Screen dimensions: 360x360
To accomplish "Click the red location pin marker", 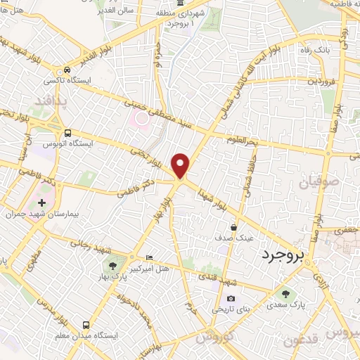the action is pos(181,166).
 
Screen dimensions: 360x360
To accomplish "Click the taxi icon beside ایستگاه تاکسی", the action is pos(67,70).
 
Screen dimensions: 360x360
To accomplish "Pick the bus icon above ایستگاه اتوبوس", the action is pos(67,133).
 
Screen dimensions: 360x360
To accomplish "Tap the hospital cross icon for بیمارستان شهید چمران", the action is pos(41,202).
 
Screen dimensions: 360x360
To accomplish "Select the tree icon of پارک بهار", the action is pos(112,266).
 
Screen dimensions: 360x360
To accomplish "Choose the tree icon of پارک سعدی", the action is pos(285,294).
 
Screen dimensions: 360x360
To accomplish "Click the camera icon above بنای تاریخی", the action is pos(231,300).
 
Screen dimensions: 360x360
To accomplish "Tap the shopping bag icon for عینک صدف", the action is pos(234,227).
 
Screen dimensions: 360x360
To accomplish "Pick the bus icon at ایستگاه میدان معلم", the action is pos(86,325).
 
